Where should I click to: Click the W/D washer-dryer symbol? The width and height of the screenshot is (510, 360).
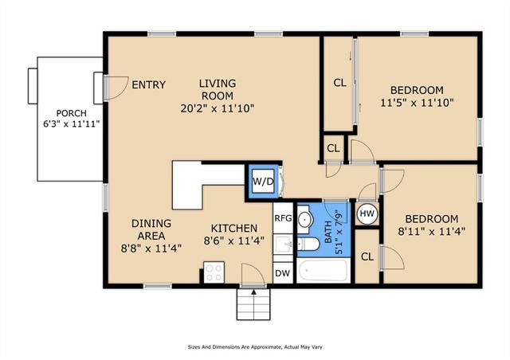point(263,181)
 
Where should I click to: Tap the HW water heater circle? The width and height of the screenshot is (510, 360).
point(367,213)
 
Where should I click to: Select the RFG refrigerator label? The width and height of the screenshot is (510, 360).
point(284,218)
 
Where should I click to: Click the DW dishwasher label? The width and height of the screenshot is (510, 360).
point(282,273)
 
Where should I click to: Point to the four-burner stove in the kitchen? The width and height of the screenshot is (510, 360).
point(214,272)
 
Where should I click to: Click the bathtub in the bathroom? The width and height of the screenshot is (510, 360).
point(324,270)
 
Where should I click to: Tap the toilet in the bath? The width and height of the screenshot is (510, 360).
point(308,244)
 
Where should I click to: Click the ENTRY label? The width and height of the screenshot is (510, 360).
point(149,85)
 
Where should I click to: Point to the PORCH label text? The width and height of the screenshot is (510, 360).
point(72,113)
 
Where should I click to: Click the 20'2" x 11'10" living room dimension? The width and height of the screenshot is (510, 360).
point(218,108)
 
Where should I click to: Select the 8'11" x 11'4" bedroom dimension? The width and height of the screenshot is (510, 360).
point(432,231)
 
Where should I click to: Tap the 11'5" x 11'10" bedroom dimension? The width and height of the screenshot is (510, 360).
point(417,103)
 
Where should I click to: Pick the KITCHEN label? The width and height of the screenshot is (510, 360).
point(234,229)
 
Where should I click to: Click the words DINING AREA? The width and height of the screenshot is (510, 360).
point(151,229)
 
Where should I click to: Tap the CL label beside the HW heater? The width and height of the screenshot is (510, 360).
point(367,257)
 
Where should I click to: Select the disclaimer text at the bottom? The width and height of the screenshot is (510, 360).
point(255,347)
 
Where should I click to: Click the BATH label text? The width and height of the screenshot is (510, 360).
point(328,233)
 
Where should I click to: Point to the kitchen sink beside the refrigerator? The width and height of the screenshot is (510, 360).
point(283,245)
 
